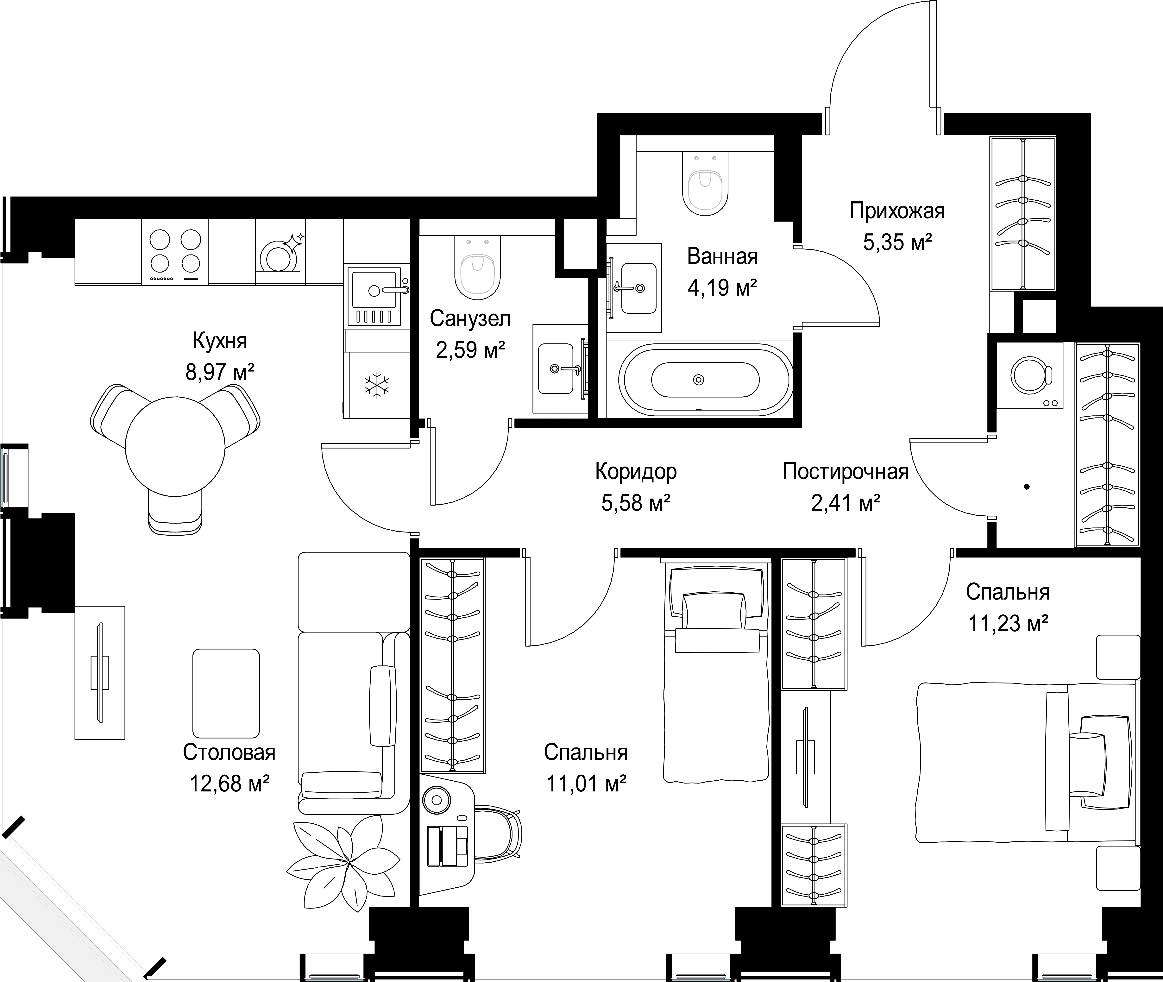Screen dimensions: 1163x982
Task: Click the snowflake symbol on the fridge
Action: coord(377,385)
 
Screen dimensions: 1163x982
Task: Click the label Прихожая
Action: coord(897,211)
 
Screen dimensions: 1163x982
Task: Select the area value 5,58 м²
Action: coord(636,503)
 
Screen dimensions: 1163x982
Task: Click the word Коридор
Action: coord(636,471)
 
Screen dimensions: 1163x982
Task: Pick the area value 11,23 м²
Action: coord(1008,624)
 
